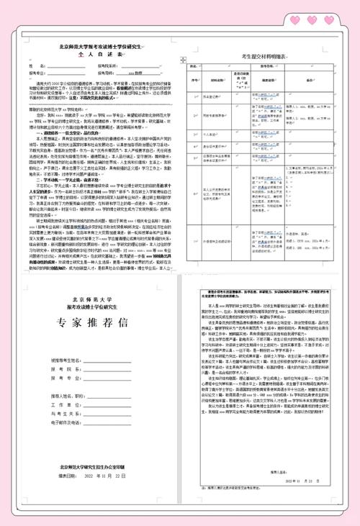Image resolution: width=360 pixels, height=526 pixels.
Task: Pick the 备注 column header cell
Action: [x=322, y=81]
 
